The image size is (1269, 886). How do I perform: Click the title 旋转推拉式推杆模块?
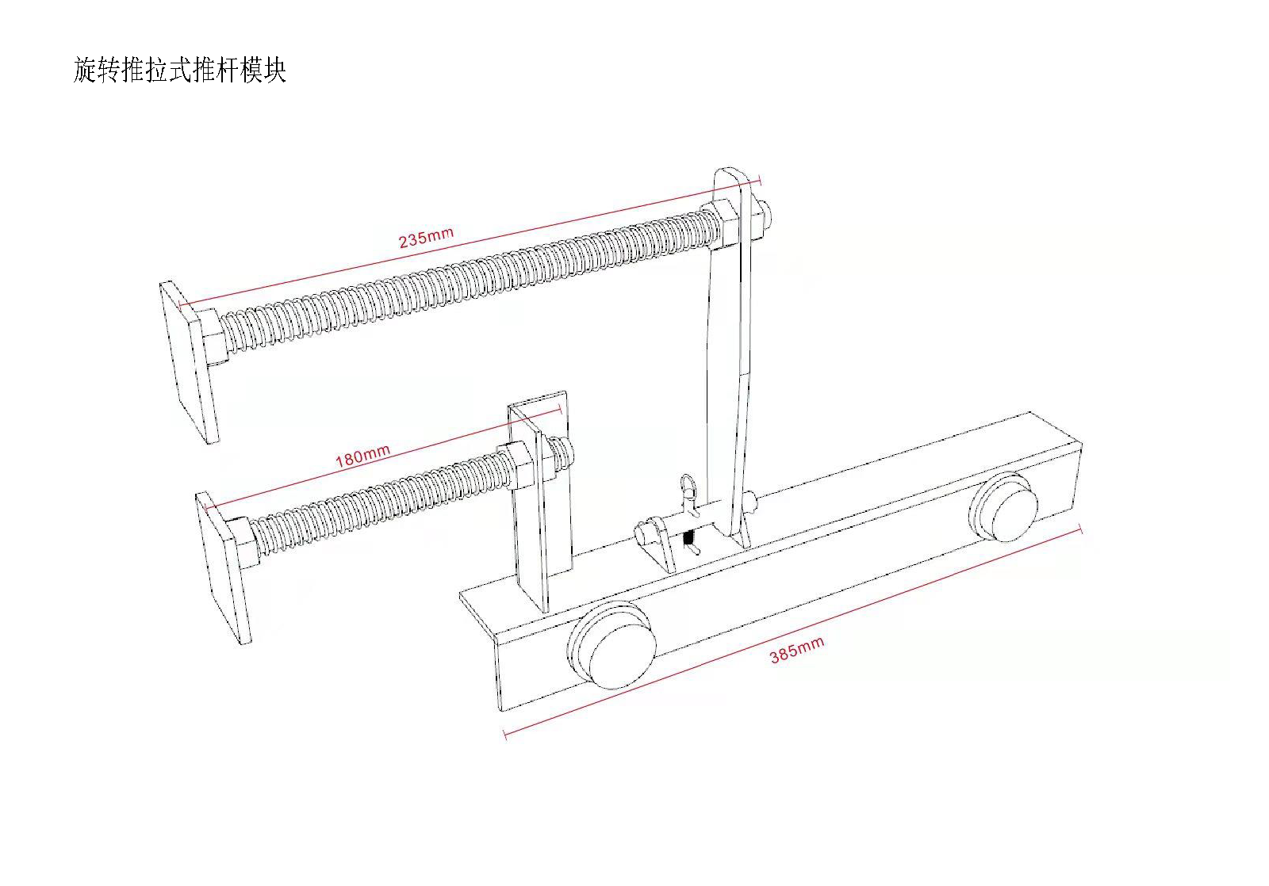179,70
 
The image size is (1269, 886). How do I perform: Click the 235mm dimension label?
426,237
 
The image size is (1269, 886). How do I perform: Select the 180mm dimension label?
362,456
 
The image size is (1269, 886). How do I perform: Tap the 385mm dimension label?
796,650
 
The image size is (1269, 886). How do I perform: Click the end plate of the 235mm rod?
189,361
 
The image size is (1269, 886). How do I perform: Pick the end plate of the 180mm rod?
224,567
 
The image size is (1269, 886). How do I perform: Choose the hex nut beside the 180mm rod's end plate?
244,540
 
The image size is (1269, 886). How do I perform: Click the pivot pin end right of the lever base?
751,502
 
